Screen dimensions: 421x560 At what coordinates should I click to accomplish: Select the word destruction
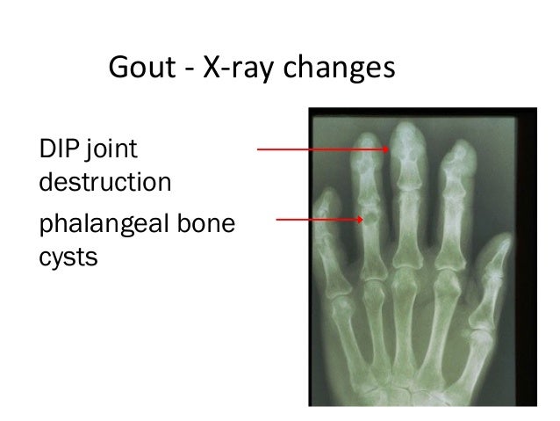(104, 183)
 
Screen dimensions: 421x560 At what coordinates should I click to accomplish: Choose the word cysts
(67, 260)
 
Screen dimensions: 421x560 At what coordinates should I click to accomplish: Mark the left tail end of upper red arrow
(258, 149)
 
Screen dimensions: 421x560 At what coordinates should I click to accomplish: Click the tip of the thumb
(504, 238)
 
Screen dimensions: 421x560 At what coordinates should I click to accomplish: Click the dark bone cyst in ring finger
(371, 214)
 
